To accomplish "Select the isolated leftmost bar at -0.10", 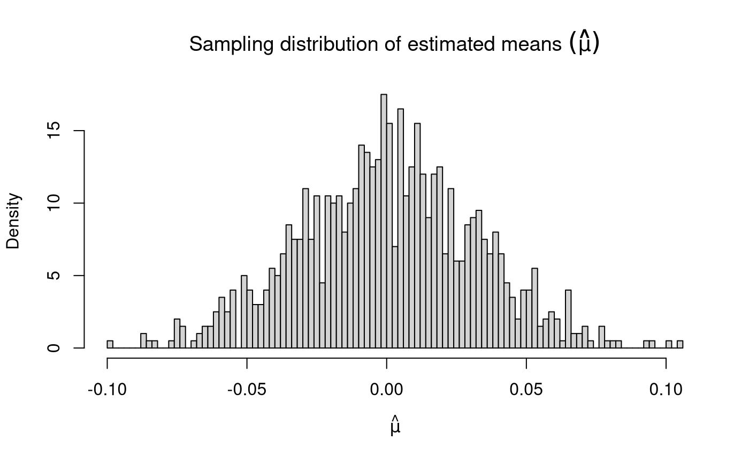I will (110, 344).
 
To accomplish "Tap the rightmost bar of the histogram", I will (680, 344).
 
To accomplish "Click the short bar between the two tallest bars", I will (395, 297).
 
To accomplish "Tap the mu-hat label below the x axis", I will (395, 428).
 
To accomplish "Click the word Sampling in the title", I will (224, 45).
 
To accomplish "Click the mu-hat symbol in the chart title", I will (584, 44).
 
